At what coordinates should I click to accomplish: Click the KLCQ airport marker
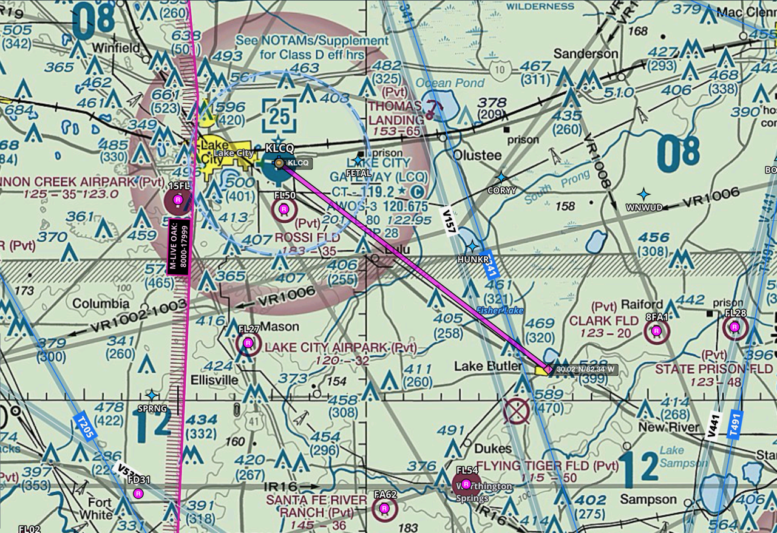(x=279, y=163)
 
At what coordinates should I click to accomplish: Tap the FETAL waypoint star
(x=358, y=160)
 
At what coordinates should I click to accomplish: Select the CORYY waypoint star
(x=501, y=177)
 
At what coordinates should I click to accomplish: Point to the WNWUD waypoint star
(x=643, y=194)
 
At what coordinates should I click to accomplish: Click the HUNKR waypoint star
(x=472, y=246)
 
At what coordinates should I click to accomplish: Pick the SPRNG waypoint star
(x=152, y=395)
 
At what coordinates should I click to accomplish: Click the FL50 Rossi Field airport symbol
(x=283, y=209)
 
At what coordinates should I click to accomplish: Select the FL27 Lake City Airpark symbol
(x=248, y=344)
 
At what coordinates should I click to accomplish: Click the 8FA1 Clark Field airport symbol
(x=656, y=331)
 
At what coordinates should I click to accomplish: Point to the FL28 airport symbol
(x=735, y=327)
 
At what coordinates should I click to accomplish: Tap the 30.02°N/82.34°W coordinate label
(x=585, y=369)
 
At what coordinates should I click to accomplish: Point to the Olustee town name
(x=477, y=155)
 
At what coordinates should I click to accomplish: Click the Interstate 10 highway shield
(x=499, y=70)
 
